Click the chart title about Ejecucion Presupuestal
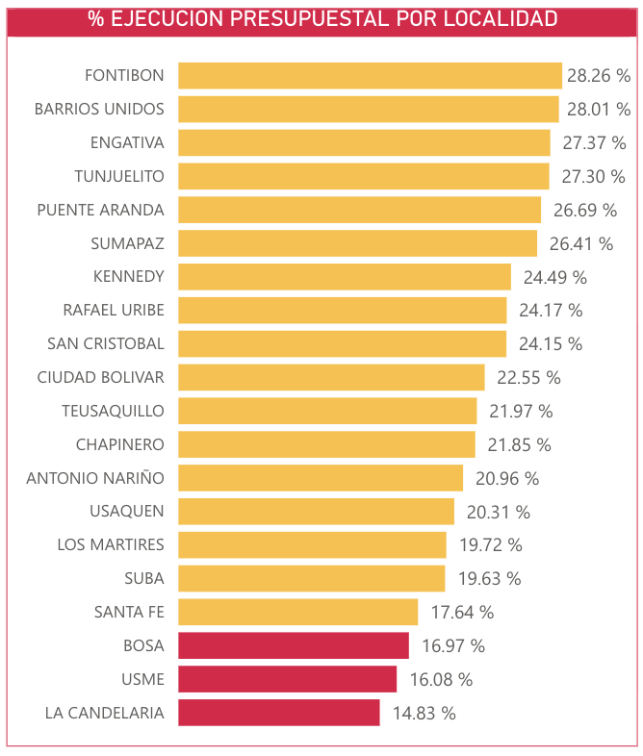point(321,19)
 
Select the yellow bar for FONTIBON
point(370,76)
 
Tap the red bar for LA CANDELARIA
point(279,713)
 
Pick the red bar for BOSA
point(294,645)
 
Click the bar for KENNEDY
point(345,277)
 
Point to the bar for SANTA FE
point(298,612)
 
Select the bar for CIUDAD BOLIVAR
point(331,377)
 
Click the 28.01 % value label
point(599,110)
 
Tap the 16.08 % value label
point(441,680)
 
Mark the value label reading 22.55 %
point(528,378)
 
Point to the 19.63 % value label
point(489,579)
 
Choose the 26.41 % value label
point(580,244)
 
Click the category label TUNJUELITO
point(119,176)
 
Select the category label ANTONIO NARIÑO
point(95,478)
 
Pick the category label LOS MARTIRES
point(111,544)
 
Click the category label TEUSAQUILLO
point(114,411)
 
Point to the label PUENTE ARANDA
point(100,210)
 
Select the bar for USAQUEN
point(316,512)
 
